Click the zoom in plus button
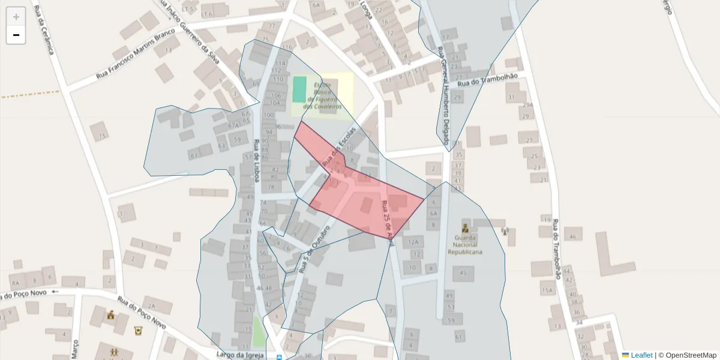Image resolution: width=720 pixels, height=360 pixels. point(16,17)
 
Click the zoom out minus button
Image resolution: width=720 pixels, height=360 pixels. point(16,35)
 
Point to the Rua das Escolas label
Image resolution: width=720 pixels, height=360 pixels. point(339,147)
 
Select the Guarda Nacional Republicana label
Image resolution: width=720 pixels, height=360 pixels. point(465,245)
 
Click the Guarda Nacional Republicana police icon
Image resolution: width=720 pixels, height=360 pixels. point(465,228)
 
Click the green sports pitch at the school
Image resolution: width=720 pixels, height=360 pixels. point(299,89)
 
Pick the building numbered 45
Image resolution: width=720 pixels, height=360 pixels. point(463,274)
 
